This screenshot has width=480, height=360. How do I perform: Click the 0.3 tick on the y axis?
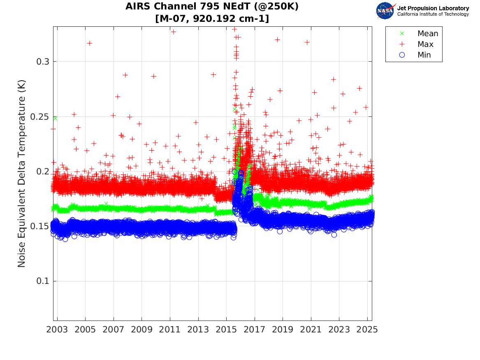(x=43, y=62)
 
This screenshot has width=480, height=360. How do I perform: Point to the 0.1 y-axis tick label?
(x=43, y=281)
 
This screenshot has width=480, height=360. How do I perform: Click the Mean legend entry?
(x=428, y=34)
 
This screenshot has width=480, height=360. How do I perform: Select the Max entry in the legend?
(x=425, y=44)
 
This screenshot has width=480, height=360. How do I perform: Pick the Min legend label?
(x=424, y=55)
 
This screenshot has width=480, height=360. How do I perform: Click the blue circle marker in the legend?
(x=402, y=55)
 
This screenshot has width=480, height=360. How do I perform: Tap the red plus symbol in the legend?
(x=402, y=44)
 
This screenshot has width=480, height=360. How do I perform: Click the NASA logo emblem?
(x=385, y=11)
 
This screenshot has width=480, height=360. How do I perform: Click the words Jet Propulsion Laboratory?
(x=433, y=8)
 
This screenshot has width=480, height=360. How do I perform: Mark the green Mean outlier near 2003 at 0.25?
(x=55, y=118)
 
